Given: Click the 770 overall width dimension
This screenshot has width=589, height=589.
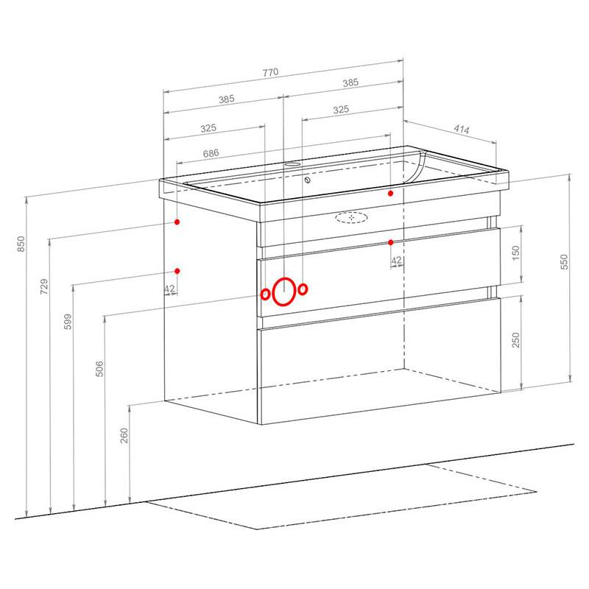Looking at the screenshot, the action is coord(270,72).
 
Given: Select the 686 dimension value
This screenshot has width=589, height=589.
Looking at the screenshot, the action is coord(211,153).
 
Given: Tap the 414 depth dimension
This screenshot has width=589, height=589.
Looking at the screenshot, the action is coord(462,130).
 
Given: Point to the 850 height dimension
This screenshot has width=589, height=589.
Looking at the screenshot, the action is coord(21,244).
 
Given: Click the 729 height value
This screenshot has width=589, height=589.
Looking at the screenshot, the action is coord(44,286).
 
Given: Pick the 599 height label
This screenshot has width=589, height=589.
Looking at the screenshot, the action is coord(68,322).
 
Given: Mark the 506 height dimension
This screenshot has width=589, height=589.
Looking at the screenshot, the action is coord(99,369).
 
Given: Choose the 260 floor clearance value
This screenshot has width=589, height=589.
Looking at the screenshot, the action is coord(124,436).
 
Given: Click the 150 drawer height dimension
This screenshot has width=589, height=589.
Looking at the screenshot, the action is coord(516,253).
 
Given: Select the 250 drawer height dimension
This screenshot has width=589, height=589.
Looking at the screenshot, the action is coord(516,340).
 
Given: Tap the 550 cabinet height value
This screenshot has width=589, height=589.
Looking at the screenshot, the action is coord(564,262).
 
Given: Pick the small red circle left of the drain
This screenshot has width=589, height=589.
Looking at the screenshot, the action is coord(265,294).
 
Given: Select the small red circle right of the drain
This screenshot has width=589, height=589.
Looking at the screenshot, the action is coord(303,289).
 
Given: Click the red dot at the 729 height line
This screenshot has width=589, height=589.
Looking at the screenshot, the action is coord(177,222).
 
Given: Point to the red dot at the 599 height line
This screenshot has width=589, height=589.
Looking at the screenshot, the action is coord(177,271).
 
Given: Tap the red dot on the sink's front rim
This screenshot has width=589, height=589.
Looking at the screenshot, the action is coord(391,193).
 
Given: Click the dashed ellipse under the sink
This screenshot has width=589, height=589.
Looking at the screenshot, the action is coord(351,217).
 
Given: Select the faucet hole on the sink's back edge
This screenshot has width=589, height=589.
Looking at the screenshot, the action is coord(292,164).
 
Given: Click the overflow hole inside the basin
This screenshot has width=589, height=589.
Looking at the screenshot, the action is coord(308,180).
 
